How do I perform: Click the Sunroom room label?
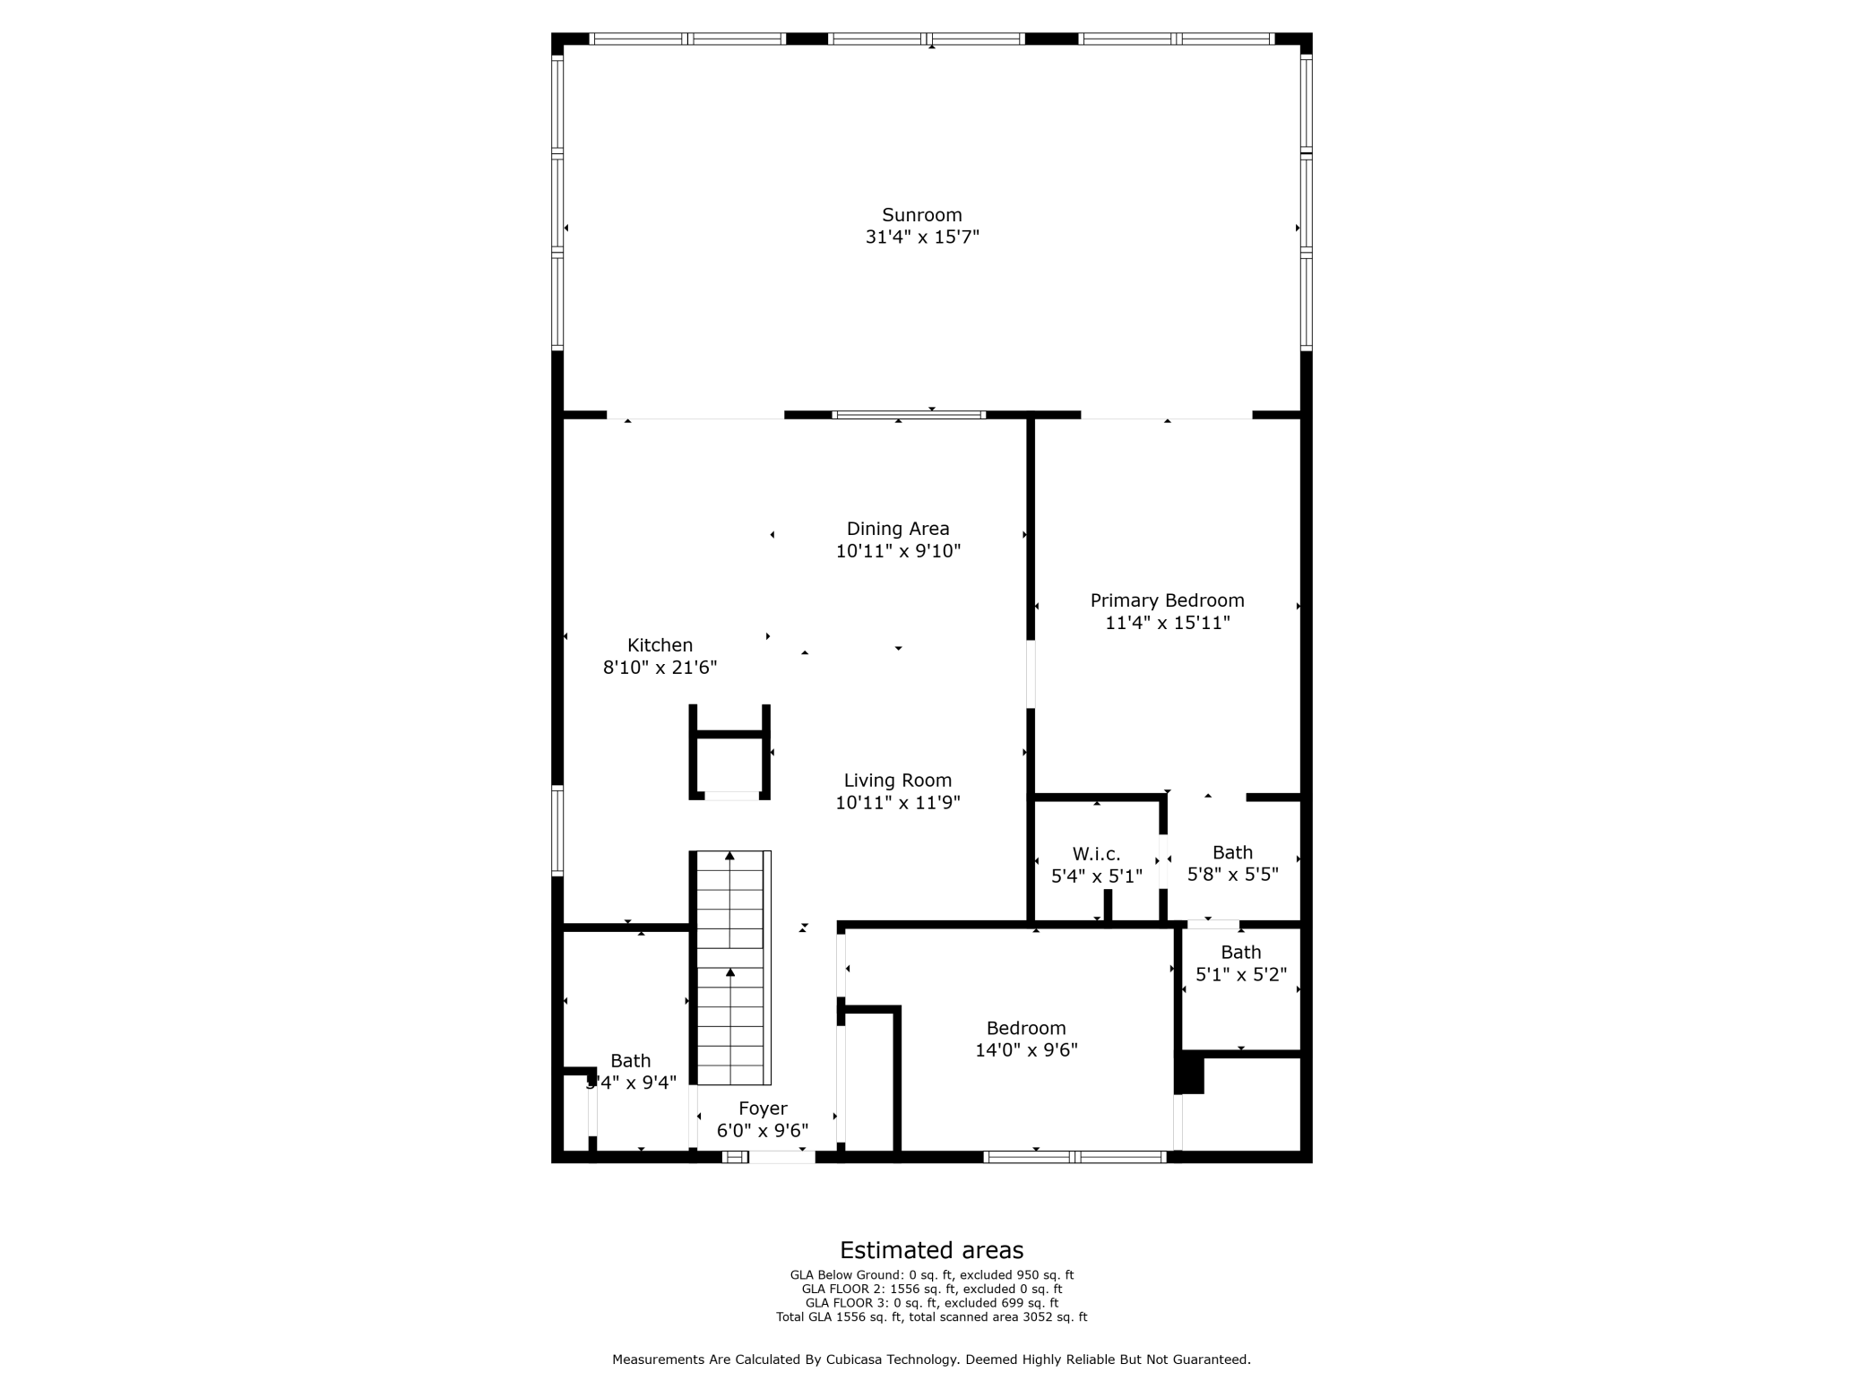pos(921,215)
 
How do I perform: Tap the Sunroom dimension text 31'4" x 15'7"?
pos(921,237)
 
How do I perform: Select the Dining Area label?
pos(897,529)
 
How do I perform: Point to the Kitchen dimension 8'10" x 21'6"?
pos(660,668)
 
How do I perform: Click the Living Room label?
pos(897,781)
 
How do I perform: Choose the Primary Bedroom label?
pos(1167,600)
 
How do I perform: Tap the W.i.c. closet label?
pos(1096,854)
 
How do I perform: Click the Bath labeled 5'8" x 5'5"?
pos(1232,853)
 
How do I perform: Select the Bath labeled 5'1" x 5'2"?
pos(1240,953)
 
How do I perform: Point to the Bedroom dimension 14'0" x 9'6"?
pos(1026,1050)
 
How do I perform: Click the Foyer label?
pos(763,1109)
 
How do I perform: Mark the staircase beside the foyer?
pos(731,968)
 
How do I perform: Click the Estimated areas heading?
pos(931,1250)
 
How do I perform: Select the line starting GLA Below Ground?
pos(931,1275)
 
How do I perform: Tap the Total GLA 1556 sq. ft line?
pos(931,1317)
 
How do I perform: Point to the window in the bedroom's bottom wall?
pos(1074,1157)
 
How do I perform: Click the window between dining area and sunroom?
pos(909,415)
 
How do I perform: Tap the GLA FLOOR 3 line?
pos(931,1303)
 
